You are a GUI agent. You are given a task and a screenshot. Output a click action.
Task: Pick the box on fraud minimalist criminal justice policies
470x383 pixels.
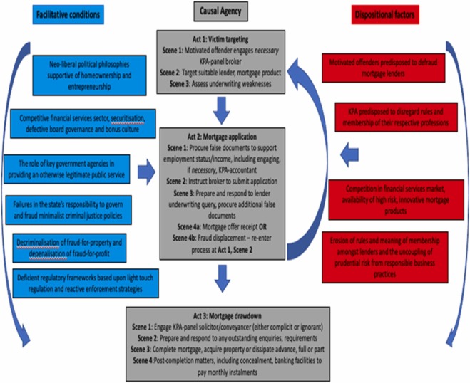click(71, 207)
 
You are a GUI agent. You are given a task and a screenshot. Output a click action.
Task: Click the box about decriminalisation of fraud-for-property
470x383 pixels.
click(71, 246)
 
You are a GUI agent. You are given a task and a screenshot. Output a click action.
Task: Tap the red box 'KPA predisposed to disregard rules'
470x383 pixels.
click(389, 116)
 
